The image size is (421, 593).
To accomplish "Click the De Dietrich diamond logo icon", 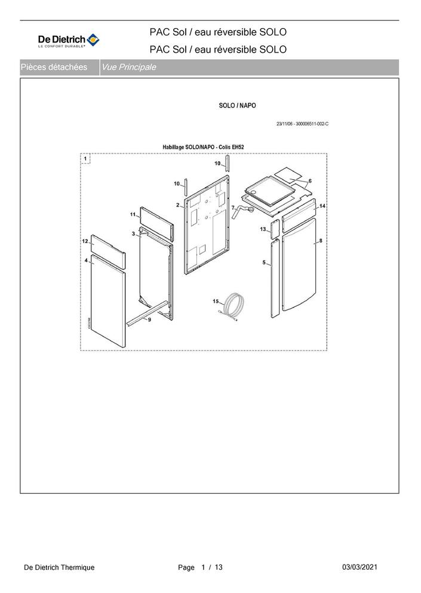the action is point(93,39).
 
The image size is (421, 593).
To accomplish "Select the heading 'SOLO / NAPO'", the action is point(237,106).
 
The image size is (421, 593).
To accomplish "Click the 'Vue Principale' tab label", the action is point(129,67).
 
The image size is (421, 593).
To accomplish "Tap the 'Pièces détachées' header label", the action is point(54,67).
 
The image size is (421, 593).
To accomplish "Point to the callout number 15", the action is point(216,302).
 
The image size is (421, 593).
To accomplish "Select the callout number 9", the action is point(149,319).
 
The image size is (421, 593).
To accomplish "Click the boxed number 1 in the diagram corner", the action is point(85,158).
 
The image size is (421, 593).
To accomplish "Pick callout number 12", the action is point(85,241).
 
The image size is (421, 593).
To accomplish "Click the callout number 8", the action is point(321,241).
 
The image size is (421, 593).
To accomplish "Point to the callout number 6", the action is point(310,181).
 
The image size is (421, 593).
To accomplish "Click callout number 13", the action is point(263,229).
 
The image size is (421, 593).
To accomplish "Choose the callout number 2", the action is point(178,205).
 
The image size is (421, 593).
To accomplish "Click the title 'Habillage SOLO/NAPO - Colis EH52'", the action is point(203,147).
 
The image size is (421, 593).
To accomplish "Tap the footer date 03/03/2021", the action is point(359,567).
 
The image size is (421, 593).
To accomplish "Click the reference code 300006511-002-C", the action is point(312,124).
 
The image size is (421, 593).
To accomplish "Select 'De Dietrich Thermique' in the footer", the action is point(59,567).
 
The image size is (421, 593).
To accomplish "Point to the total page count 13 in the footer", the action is point(219,567).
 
